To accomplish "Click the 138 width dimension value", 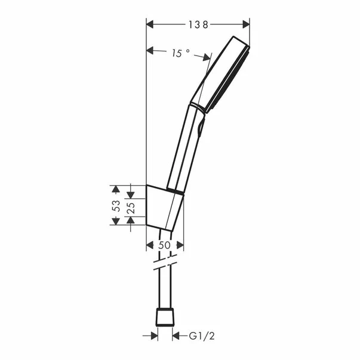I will [x=198, y=24].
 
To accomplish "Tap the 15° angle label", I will [x=180, y=53].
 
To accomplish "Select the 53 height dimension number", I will [x=117, y=205].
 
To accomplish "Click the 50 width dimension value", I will [x=165, y=245].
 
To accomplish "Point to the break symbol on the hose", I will [x=164, y=263].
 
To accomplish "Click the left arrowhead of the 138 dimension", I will [x=151, y=24].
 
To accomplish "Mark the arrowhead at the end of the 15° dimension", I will [x=207, y=57].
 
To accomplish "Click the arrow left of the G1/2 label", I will [x=178, y=336].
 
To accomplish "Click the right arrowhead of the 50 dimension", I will [x=180, y=245].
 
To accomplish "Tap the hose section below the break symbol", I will [x=164, y=290].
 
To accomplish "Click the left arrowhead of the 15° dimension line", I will [x=151, y=50].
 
